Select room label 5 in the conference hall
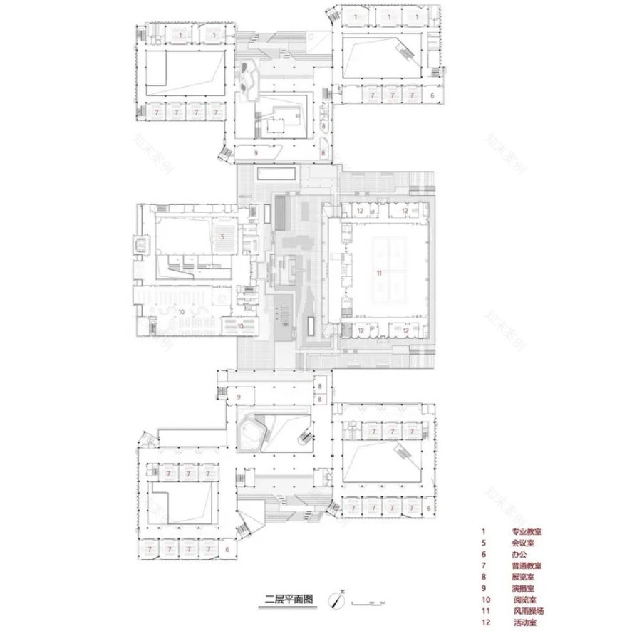222,236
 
